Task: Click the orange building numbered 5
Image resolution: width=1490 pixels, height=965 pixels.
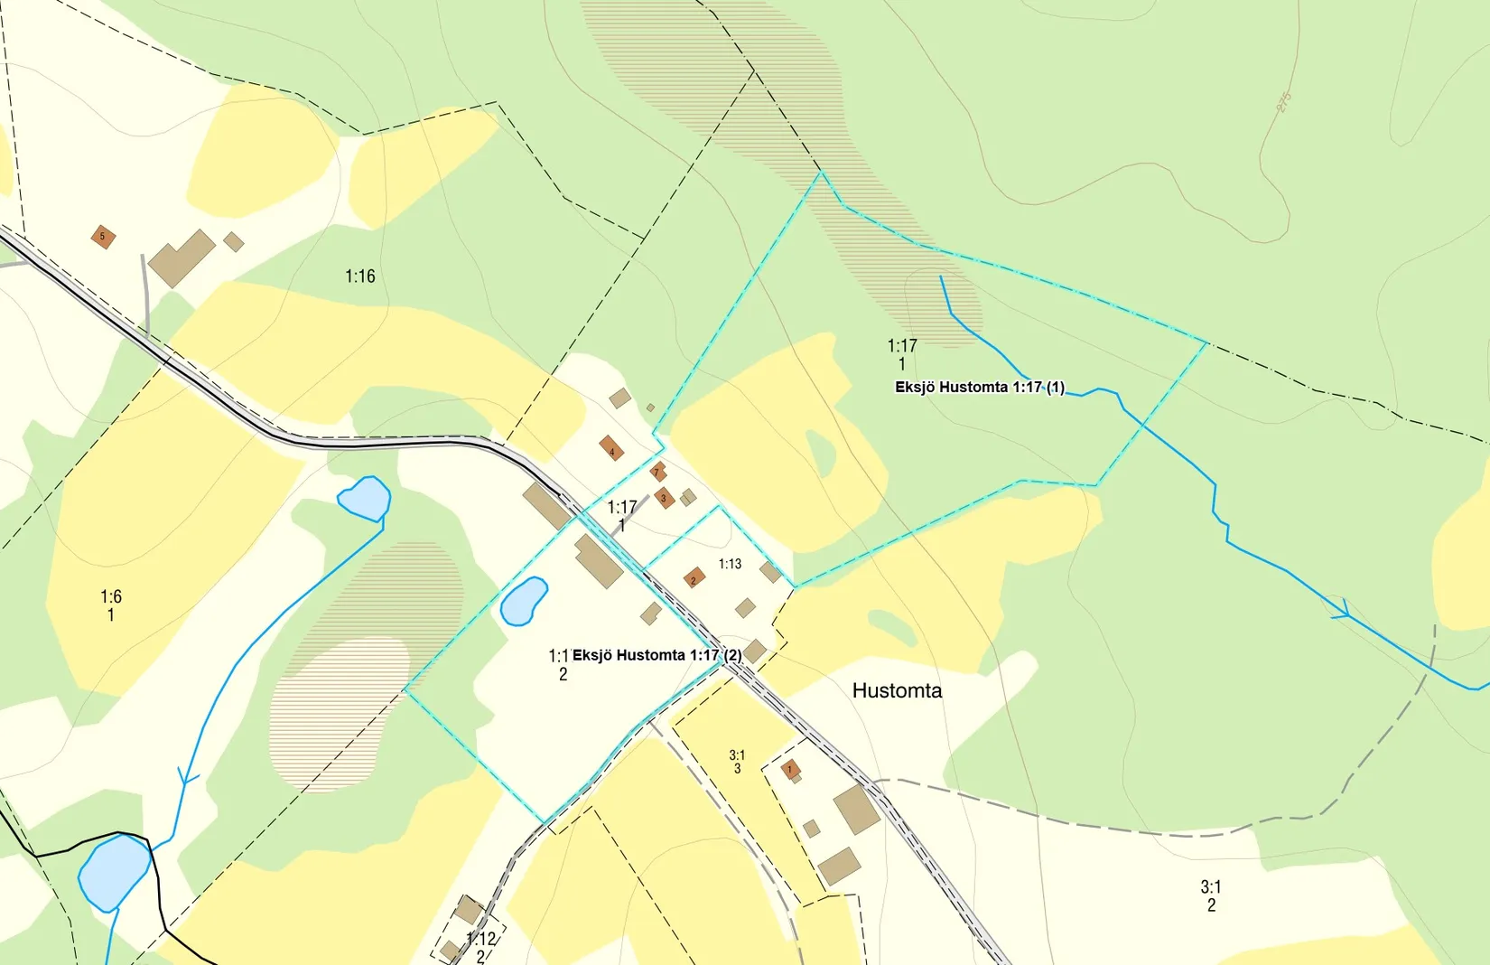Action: pyautogui.click(x=103, y=237)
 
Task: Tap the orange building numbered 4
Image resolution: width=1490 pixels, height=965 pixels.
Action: pyautogui.click(x=611, y=448)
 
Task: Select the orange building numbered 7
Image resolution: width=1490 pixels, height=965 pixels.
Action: pyautogui.click(x=658, y=472)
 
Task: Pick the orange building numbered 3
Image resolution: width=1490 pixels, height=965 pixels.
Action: pyautogui.click(x=665, y=498)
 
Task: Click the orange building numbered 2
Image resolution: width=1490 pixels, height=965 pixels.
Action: pyautogui.click(x=694, y=577)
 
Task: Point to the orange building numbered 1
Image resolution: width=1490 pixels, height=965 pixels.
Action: pyautogui.click(x=790, y=770)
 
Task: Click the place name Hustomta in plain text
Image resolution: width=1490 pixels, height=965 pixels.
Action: pyautogui.click(x=897, y=690)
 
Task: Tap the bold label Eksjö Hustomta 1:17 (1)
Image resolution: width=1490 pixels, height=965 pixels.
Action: pyautogui.click(x=980, y=387)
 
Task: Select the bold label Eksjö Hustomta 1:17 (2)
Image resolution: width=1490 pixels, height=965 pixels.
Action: pyautogui.click(x=657, y=655)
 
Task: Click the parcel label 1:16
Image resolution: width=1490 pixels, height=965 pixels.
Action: pyautogui.click(x=360, y=276)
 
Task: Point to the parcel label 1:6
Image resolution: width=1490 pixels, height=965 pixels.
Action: pyautogui.click(x=111, y=597)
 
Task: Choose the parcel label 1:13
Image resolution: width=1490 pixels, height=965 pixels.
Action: pyautogui.click(x=730, y=564)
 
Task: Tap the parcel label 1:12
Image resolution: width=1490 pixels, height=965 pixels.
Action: pyautogui.click(x=481, y=940)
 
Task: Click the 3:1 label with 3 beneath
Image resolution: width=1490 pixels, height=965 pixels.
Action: pyautogui.click(x=737, y=755)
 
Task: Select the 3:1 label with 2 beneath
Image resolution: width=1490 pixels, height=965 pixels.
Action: pyautogui.click(x=1211, y=887)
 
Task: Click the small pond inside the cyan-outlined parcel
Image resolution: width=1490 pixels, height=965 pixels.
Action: pyautogui.click(x=524, y=601)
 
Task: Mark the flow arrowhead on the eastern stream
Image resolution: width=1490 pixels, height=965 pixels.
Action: pyautogui.click(x=1343, y=612)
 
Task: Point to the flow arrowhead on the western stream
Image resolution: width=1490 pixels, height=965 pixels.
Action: pyautogui.click(x=187, y=775)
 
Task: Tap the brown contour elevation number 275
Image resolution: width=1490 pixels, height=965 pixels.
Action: pyautogui.click(x=1283, y=102)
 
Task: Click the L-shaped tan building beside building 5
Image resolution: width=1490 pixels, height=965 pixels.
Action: pyautogui.click(x=182, y=257)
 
